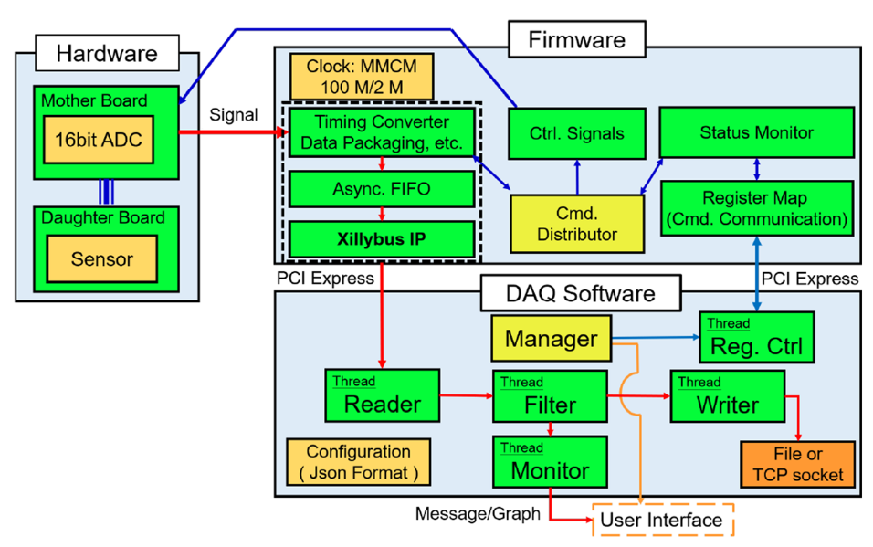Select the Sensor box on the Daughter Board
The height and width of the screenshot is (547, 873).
pyautogui.click(x=101, y=258)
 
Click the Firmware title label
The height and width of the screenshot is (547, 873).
pyautogui.click(x=576, y=39)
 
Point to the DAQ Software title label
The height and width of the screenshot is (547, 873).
pyautogui.click(x=581, y=293)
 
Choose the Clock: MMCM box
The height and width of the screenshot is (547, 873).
pyautogui.click(x=362, y=79)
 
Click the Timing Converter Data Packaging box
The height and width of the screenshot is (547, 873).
pyautogui.click(x=382, y=132)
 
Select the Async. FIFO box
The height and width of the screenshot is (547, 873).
pyautogui.click(x=382, y=190)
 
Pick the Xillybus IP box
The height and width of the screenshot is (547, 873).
pyautogui.click(x=382, y=238)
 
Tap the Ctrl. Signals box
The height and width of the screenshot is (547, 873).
pyautogui.click(x=576, y=133)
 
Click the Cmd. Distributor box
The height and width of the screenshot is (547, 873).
pyautogui.click(x=576, y=223)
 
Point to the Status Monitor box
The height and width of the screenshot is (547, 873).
pyautogui.click(x=756, y=132)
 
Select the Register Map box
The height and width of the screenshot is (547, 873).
pyautogui.click(x=756, y=207)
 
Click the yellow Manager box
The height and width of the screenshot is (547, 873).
pyautogui.click(x=551, y=339)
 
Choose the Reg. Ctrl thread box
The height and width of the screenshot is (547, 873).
pyautogui.click(x=755, y=337)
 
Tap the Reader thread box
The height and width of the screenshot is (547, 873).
pyautogui.click(x=382, y=395)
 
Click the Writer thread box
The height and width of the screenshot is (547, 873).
pyautogui.click(x=727, y=395)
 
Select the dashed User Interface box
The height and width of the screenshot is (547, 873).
pyautogui.click(x=663, y=521)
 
